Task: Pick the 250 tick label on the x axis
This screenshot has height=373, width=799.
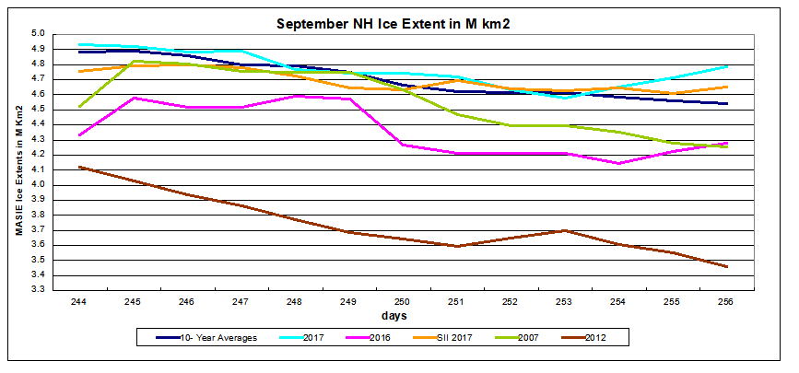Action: click(401, 301)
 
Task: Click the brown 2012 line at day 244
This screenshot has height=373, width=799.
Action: click(81, 167)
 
